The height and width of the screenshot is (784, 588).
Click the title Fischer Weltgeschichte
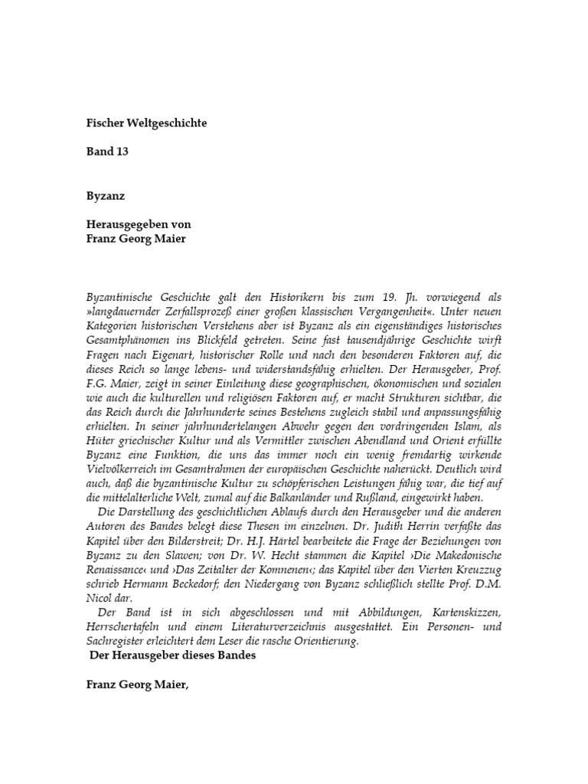(146, 122)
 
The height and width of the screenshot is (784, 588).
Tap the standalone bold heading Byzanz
(105, 195)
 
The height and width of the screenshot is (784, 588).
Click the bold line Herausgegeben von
(139, 224)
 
